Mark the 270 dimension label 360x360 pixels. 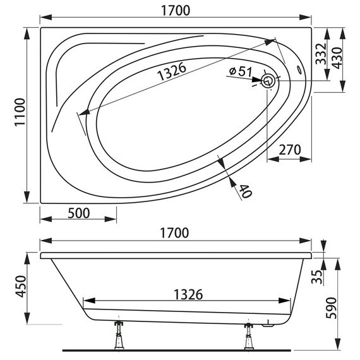coord(289,150)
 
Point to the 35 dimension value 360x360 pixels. coord(321,276)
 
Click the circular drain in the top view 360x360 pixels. coord(268,80)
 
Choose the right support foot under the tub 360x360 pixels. coord(247,335)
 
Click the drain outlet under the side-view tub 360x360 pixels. coord(268,325)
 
